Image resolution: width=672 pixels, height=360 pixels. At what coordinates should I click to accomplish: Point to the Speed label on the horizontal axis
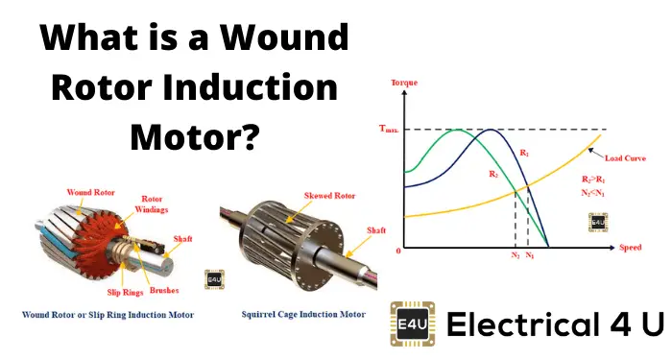pyautogui.click(x=630, y=248)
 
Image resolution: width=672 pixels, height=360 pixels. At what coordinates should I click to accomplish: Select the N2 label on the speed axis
pyautogui.click(x=516, y=256)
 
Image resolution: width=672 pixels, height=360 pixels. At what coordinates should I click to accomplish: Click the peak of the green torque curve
pyautogui.click(x=463, y=130)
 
